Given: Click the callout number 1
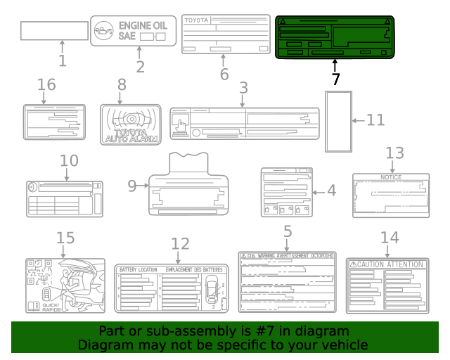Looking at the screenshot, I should coord(62,61).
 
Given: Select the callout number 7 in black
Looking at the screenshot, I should coord(335,79).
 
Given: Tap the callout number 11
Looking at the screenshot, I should coord(375,120).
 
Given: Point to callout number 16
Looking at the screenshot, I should coord(46,85).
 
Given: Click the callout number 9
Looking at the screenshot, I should coord(133,186).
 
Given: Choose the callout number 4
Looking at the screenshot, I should coord(331,190).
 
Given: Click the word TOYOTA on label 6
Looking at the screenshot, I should coord(196,20).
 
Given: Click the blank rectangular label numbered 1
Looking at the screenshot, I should coord(54,32).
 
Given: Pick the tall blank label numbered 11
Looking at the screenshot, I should coord(337,120).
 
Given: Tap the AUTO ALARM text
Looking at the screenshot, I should coord(127,138).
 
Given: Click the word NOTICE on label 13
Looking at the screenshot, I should coord(390,177).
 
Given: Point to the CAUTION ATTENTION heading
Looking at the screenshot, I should coord(391,264).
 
